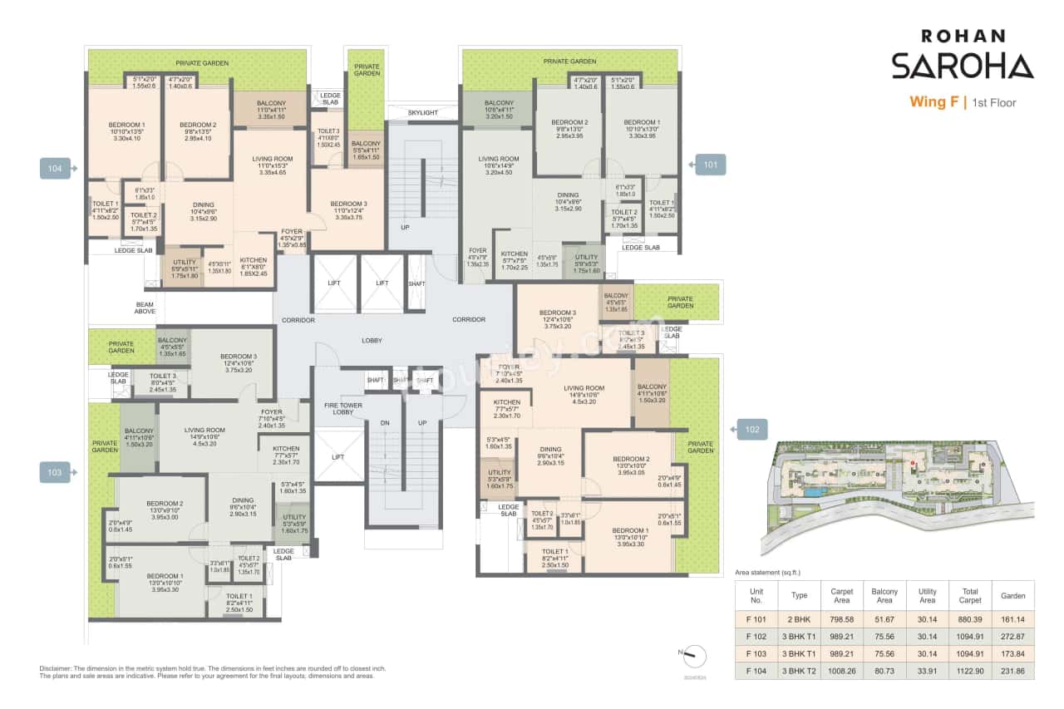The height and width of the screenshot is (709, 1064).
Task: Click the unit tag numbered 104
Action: (56, 168)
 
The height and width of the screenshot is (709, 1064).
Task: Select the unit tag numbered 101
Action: (710, 165)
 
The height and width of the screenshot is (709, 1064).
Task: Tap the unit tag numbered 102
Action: (751, 430)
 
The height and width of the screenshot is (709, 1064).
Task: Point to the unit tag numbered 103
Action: (56, 473)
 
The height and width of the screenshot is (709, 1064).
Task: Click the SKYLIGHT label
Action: (422, 113)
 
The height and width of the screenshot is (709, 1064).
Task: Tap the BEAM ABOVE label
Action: (145, 308)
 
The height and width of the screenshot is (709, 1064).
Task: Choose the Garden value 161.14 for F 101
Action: (1013, 619)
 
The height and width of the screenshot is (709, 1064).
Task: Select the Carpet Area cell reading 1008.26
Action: (841, 670)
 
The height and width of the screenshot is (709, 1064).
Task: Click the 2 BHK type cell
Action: (799, 619)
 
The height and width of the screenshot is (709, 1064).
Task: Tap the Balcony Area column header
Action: (884, 595)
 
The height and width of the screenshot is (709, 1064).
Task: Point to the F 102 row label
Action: (756, 636)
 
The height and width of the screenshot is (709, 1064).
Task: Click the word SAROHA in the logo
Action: (962, 66)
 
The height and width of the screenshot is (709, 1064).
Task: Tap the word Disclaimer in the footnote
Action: (57, 668)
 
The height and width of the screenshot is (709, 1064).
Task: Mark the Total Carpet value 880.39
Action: (969, 619)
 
